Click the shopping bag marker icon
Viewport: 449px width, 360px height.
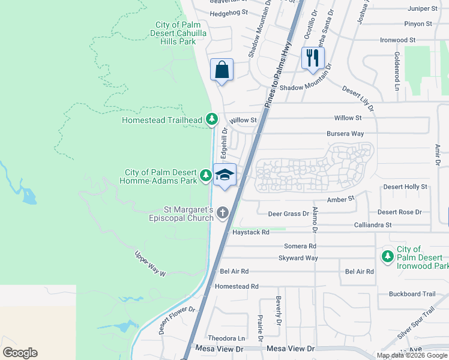pyautogui.click(x=221, y=70)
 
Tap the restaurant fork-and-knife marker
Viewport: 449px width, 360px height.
pyautogui.click(x=313, y=58)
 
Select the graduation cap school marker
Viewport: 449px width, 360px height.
pyautogui.click(x=224, y=175)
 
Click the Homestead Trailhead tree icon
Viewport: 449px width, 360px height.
pyautogui.click(x=211, y=120)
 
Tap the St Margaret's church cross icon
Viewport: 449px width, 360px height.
pyautogui.click(x=223, y=212)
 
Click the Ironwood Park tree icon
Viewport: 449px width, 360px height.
pyautogui.click(x=388, y=257)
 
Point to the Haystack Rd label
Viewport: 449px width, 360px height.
pyautogui.click(x=250, y=232)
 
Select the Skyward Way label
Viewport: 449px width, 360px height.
pyautogui.click(x=298, y=258)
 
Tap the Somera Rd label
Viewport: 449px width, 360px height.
pyautogui.click(x=300, y=246)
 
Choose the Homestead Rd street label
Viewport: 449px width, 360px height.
pyautogui.click(x=236, y=287)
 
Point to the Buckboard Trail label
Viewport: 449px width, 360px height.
pyautogui.click(x=412, y=294)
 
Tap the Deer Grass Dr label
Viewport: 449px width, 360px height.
pyautogui.click(x=288, y=213)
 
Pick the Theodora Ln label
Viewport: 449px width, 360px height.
pyautogui.click(x=226, y=338)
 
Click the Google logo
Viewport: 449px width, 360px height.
pyautogui.click(x=20, y=353)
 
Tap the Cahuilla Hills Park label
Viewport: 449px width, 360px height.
pyautogui.click(x=175, y=33)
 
